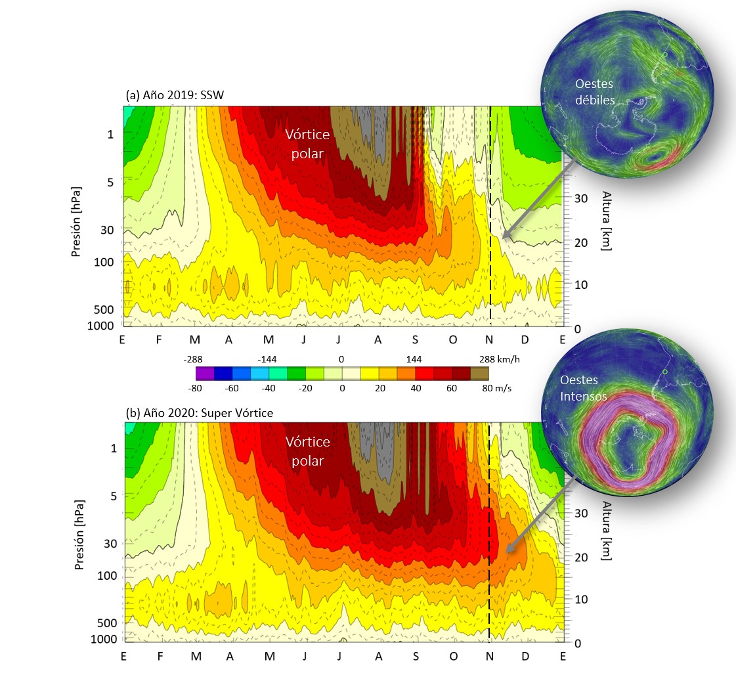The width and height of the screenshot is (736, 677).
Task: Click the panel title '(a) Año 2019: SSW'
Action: click(x=175, y=96)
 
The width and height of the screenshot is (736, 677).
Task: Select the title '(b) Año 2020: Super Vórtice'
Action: click(x=198, y=414)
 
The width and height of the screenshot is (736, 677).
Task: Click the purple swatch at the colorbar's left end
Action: click(x=204, y=373)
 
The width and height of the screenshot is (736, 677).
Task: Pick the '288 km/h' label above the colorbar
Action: click(x=498, y=359)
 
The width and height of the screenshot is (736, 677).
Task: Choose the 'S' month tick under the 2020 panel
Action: click(x=415, y=656)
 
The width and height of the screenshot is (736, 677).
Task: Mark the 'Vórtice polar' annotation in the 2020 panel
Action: click(x=307, y=452)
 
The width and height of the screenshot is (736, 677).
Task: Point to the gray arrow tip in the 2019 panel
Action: click(x=502, y=237)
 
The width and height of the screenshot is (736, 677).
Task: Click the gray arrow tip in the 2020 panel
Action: click(x=506, y=551)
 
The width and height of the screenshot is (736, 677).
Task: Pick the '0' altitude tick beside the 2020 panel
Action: click(x=576, y=643)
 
